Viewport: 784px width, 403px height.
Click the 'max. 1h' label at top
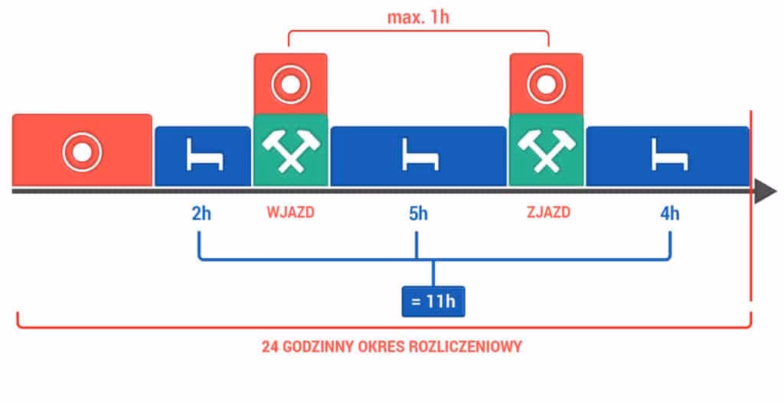click(x=419, y=17)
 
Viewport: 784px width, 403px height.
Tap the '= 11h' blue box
click(x=433, y=301)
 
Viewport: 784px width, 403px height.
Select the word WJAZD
click(x=290, y=213)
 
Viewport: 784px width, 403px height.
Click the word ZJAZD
click(x=547, y=213)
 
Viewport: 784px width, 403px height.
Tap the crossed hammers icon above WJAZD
click(x=290, y=150)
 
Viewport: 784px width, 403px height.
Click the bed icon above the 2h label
click(x=204, y=156)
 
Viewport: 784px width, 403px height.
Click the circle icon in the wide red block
click(x=81, y=151)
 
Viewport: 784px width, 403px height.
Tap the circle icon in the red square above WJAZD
click(x=290, y=84)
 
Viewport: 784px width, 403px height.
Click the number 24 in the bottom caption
click(x=269, y=346)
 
